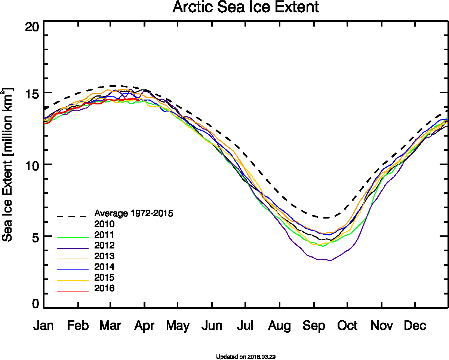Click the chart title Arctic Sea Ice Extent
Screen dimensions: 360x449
(246, 7)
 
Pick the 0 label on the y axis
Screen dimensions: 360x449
(35, 303)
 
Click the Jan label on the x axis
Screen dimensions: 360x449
(43, 326)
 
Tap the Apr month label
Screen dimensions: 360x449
(144, 326)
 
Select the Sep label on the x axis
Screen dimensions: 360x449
(314, 326)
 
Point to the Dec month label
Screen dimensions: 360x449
(415, 326)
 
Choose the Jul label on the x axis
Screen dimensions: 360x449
(245, 326)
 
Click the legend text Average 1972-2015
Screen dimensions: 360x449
(133, 214)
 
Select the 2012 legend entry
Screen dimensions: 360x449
(104, 246)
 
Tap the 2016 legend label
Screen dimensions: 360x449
(104, 289)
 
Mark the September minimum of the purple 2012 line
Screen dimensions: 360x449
(329, 260)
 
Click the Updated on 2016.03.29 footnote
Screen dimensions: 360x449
(246, 357)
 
